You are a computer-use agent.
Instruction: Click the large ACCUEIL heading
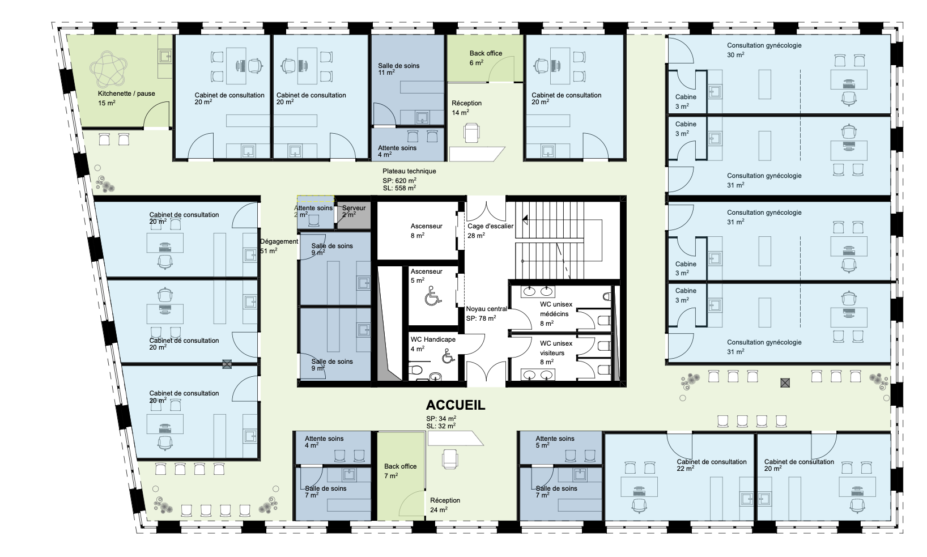pyautogui.click(x=455, y=405)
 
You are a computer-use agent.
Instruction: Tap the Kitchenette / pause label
pyautogui.click(x=126, y=93)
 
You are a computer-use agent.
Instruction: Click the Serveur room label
pyautogui.click(x=354, y=208)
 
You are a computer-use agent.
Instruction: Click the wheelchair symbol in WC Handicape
pyautogui.click(x=448, y=356)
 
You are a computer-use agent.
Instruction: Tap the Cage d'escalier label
pyautogui.click(x=490, y=226)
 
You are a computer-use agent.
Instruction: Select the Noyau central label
pyautogui.click(x=486, y=309)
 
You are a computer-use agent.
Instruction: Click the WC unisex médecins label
pyautogui.click(x=556, y=309)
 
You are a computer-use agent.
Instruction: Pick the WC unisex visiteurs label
pyautogui.click(x=556, y=348)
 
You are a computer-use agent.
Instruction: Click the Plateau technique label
pyautogui.click(x=409, y=171)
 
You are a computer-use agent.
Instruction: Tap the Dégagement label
pyautogui.click(x=279, y=242)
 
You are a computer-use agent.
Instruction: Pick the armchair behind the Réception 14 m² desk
pyautogui.click(x=471, y=133)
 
